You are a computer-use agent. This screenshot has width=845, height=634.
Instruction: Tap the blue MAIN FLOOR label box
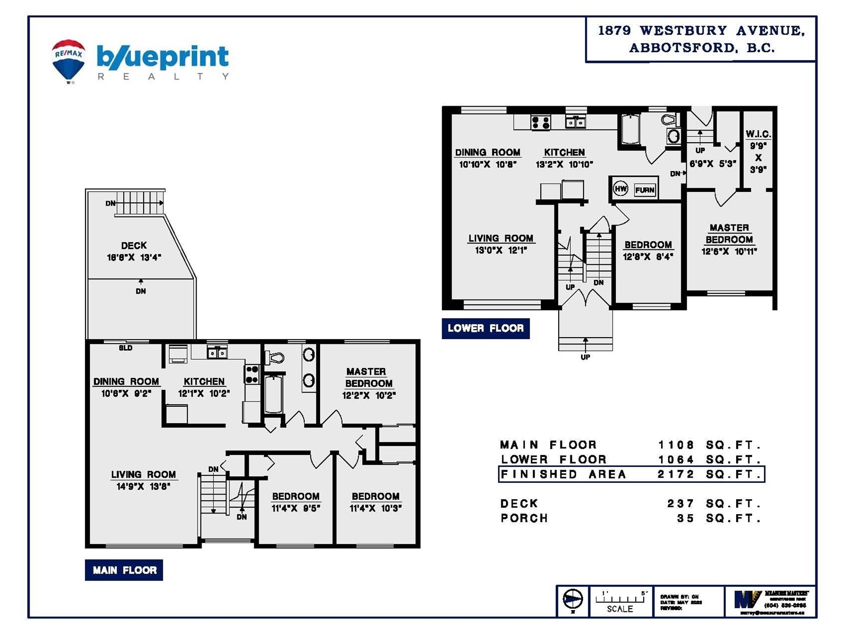coord(124,570)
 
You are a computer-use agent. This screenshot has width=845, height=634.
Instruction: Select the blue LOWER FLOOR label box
coord(485,328)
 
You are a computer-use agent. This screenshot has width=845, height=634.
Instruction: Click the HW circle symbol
coord(621,189)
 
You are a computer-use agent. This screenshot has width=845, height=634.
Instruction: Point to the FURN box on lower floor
coord(644,190)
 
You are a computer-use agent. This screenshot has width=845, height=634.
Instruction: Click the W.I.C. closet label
coord(758,134)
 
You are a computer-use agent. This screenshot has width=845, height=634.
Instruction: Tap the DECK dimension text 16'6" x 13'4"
coord(134,258)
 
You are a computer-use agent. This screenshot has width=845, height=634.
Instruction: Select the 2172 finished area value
coord(676,474)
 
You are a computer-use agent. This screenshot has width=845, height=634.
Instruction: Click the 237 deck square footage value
coord(681,504)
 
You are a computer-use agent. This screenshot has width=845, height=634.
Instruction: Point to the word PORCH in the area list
coord(524,518)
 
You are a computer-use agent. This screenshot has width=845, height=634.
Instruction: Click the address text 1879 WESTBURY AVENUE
coord(701,31)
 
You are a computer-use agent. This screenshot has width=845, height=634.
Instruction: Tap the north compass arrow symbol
coord(572,600)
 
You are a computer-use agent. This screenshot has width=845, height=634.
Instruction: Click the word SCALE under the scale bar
coord(620,609)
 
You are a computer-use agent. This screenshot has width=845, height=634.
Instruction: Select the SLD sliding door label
coord(126,348)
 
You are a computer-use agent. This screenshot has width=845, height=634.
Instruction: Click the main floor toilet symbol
coord(275,358)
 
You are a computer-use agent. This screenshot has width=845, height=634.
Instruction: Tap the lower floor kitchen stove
coord(541,123)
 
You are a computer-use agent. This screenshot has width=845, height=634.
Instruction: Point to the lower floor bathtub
coord(630,129)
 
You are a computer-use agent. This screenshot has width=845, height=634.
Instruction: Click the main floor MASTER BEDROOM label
coord(368,377)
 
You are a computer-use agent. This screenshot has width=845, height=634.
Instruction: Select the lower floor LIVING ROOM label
coord(501,238)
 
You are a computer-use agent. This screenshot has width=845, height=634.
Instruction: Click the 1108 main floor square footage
coord(676,445)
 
